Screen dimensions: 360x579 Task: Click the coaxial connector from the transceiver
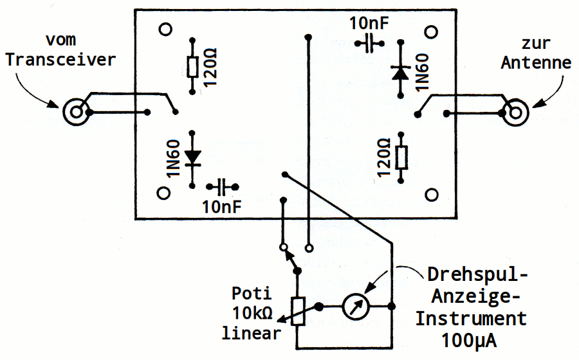tap(77, 113)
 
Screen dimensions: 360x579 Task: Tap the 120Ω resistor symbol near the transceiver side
tap(192, 67)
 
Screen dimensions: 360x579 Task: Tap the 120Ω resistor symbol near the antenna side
tap(401, 157)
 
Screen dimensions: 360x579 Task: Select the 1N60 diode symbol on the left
tap(192, 157)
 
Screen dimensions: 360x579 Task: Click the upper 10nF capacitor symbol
tap(369, 44)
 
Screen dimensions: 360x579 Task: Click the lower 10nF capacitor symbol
tap(223, 187)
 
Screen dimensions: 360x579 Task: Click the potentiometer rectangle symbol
tap(298, 311)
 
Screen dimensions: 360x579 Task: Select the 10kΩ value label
tap(252, 314)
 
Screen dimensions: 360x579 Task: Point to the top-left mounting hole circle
tap(166, 29)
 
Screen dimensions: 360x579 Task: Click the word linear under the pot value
tap(252, 333)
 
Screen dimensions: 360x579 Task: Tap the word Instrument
tap(471, 318)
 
